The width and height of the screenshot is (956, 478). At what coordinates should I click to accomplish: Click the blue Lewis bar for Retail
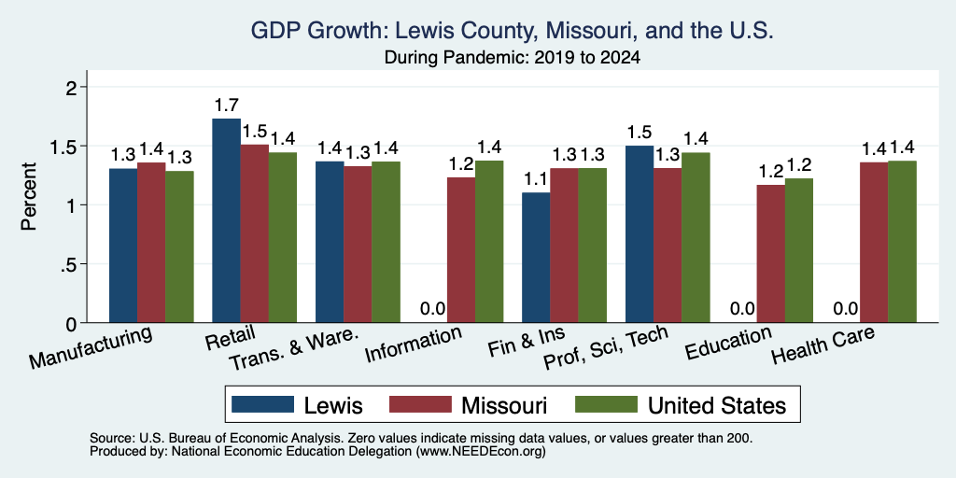[x=226, y=220]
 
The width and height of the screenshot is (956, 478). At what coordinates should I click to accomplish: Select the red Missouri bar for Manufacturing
[x=151, y=243]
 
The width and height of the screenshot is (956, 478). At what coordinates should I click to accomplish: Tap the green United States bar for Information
[x=489, y=242]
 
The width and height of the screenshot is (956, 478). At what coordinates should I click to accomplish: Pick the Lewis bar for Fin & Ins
[x=536, y=258]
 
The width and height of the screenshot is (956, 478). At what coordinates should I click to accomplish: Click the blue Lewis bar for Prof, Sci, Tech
[x=640, y=234]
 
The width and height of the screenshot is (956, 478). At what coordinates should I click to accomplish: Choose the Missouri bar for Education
[x=770, y=254]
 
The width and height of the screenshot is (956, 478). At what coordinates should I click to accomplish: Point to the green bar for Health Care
[x=903, y=242]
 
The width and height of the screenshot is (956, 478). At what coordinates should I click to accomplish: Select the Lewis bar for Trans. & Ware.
[x=330, y=242]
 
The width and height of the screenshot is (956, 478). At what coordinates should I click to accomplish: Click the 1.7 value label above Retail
[x=226, y=105]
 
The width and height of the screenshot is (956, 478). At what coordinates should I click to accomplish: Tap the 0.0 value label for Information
[x=433, y=309]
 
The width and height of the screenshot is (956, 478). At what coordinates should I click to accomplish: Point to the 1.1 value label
[x=536, y=180]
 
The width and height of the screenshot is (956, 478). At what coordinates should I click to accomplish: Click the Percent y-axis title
[x=29, y=196]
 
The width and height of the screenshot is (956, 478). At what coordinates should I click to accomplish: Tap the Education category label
[x=728, y=344]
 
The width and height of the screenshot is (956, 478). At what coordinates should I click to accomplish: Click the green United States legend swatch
[x=606, y=405]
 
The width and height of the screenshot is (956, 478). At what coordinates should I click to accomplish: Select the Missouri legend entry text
[x=504, y=405]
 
